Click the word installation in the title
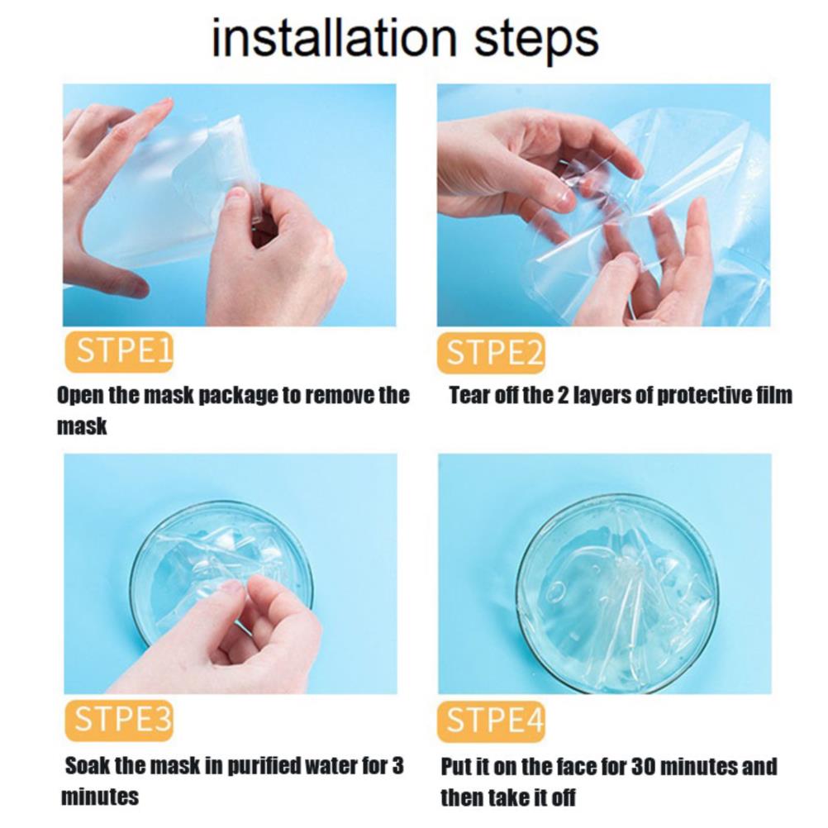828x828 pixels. click(x=334, y=37)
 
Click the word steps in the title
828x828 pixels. click(x=536, y=41)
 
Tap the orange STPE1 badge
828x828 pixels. click(x=119, y=351)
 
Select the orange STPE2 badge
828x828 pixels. click(x=491, y=353)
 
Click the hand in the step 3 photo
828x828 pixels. click(x=238, y=635)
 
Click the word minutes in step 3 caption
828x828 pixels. click(x=100, y=797)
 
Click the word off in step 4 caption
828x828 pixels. click(x=563, y=797)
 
